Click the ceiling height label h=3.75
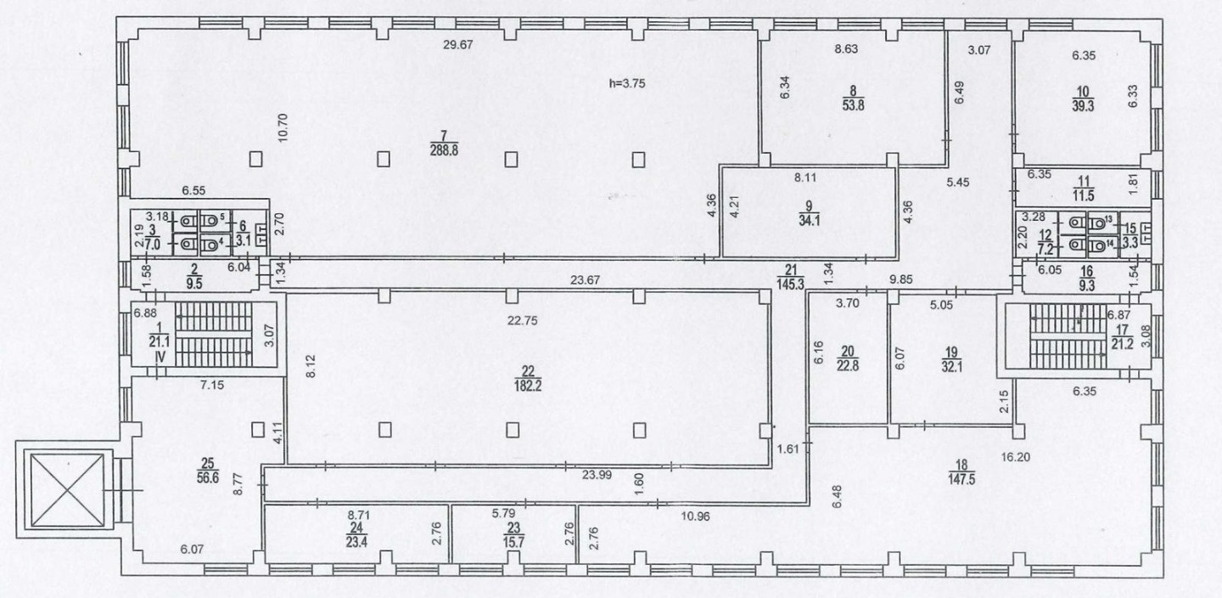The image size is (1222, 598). [627, 83]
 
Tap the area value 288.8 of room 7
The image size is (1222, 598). [444, 150]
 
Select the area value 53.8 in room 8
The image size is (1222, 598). [853, 104]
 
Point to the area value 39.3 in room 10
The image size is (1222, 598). [1083, 106]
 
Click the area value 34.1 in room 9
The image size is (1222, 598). [809, 221]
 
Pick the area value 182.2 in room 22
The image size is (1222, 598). [528, 386]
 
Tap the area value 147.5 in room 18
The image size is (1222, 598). [961, 479]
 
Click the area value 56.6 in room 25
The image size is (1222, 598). [207, 477]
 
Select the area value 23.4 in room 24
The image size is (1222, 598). [356, 542]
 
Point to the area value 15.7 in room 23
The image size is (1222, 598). [514, 542]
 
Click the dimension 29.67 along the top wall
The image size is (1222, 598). [457, 45]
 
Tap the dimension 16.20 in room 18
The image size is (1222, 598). [1016, 457]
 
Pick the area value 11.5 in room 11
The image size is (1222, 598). [1084, 195]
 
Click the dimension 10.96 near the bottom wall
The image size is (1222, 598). [696, 516]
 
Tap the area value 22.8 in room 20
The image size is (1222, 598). [848, 366]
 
